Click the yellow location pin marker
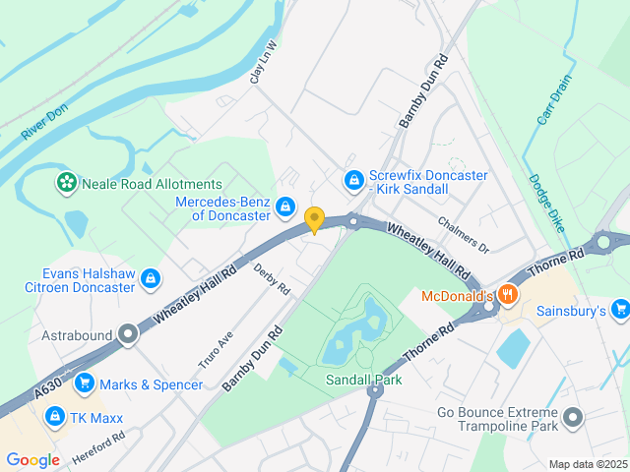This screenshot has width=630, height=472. point(314,219)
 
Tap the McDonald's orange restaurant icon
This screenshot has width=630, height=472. point(507,293)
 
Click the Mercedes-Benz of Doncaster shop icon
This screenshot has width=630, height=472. point(284,206)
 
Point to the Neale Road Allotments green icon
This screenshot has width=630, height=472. point(66,183)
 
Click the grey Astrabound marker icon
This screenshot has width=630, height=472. point(127,334)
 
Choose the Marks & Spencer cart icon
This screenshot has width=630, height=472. point(84,383)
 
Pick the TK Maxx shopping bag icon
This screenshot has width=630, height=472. point(54,416)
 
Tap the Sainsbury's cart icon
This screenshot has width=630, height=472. point(619,311)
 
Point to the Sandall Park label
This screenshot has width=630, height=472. point(363,380)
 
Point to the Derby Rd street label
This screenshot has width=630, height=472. point(272,279)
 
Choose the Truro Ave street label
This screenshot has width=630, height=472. point(216,349)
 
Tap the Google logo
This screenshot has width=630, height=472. point(32,459)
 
